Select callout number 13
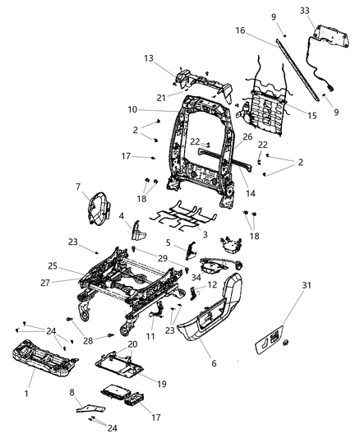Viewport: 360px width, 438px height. click(149, 58)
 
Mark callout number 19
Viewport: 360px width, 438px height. click(162, 383)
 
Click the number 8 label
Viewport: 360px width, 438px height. click(72, 393)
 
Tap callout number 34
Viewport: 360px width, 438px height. click(196, 278)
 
